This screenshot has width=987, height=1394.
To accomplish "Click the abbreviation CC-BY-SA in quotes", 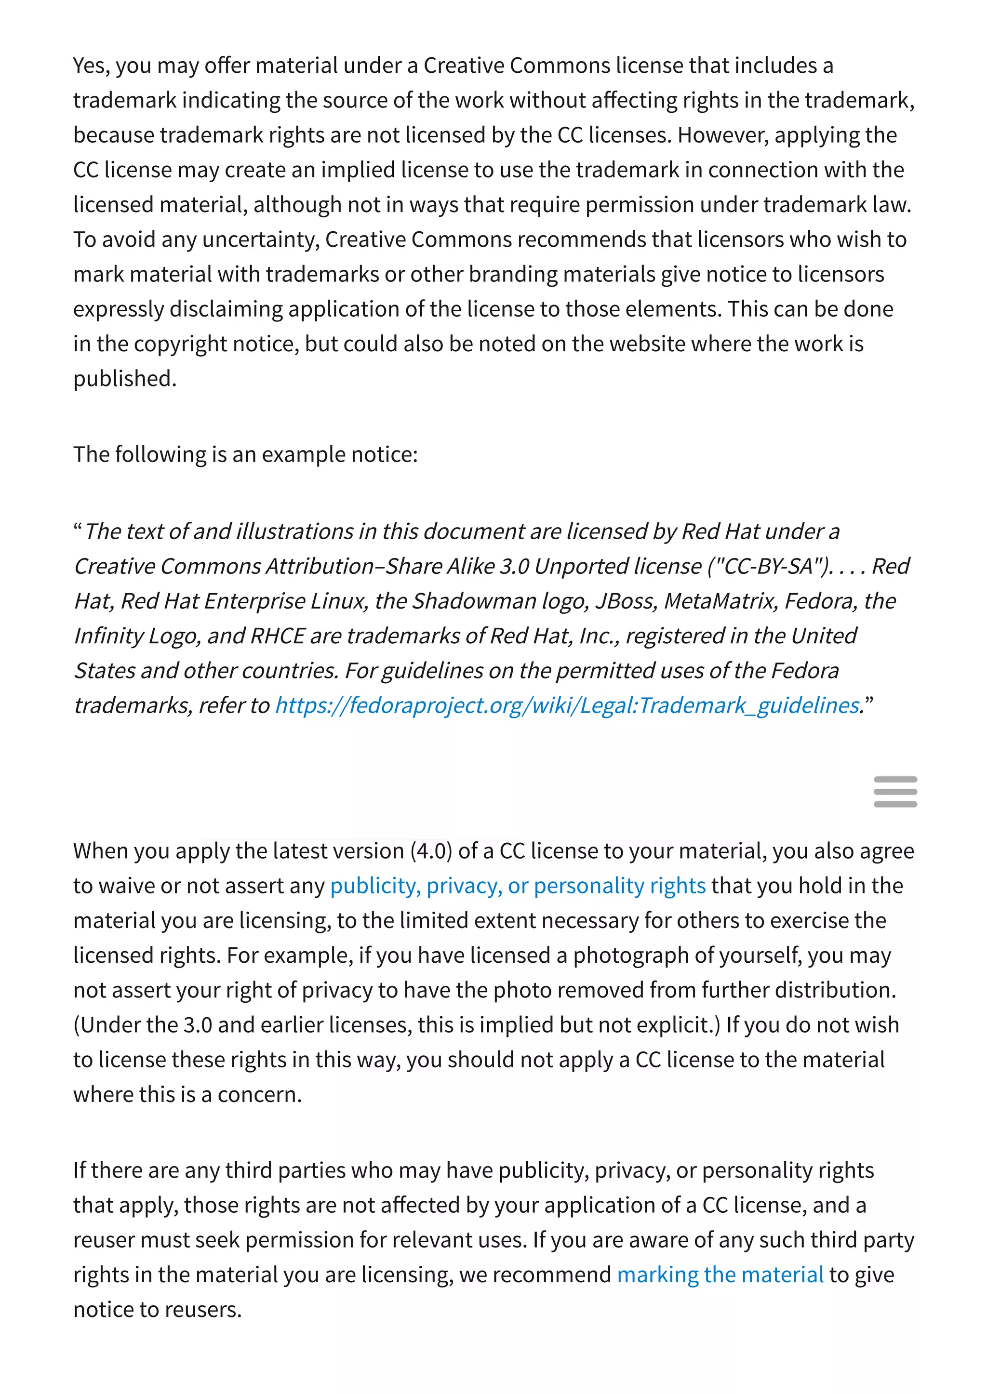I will (x=768, y=566).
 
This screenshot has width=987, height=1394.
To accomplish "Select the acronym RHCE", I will (x=277, y=636).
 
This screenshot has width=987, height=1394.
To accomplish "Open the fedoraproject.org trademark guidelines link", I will (x=567, y=705).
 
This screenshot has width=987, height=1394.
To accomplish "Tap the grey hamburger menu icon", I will (x=894, y=792).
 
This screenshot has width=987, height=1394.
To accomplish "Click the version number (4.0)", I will (x=431, y=851).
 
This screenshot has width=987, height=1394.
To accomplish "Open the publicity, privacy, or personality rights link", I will (x=517, y=886).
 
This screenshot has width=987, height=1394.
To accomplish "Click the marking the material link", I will (x=720, y=1275).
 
